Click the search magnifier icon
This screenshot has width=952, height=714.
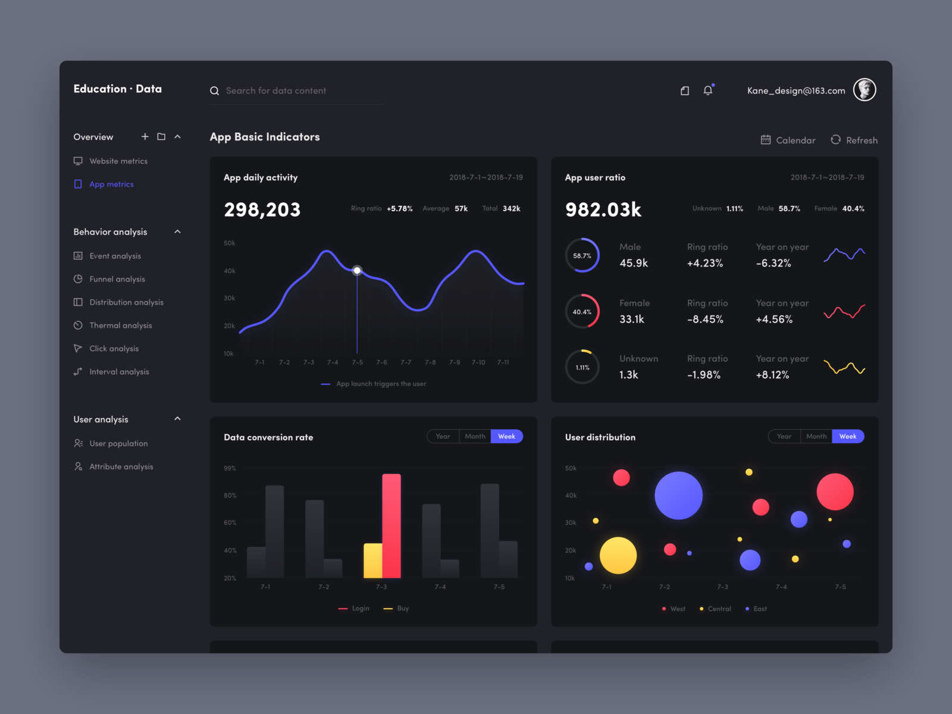214,91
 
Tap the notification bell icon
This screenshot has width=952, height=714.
707,90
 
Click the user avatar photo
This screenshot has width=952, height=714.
865,90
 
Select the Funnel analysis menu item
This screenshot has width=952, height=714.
117,279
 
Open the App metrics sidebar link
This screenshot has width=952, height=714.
111,184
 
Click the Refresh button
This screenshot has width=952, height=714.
854,140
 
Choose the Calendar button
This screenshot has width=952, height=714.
788,140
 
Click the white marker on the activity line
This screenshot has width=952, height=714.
357,270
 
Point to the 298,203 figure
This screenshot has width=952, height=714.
262,209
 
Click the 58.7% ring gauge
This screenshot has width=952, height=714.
582,255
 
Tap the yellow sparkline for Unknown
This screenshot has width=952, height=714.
844,367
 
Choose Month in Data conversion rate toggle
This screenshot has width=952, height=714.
475,436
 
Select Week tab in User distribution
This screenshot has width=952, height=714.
848,436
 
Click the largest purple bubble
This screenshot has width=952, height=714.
678,495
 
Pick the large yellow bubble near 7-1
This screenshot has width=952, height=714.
618,555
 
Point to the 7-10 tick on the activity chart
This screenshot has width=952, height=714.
478,362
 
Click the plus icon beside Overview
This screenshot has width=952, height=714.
145,136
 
